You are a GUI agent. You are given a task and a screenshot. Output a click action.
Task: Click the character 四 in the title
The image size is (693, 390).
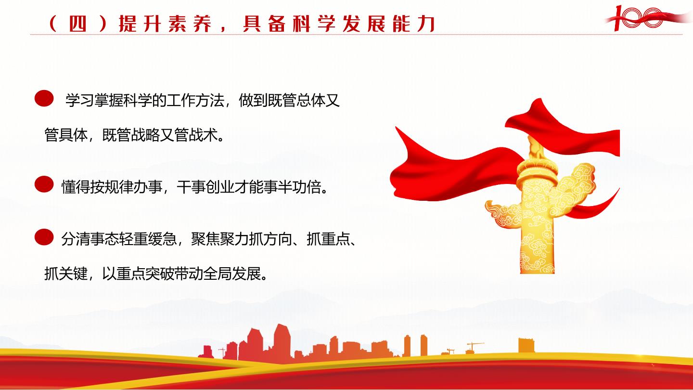click(x=77, y=24)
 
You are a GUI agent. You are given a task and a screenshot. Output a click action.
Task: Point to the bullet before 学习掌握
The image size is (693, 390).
click(x=44, y=98)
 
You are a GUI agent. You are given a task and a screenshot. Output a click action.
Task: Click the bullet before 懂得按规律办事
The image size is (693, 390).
click(x=44, y=184)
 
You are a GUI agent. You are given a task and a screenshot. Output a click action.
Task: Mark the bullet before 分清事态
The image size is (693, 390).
click(x=44, y=237)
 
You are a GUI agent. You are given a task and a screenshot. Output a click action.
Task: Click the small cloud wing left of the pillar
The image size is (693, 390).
click(x=503, y=214)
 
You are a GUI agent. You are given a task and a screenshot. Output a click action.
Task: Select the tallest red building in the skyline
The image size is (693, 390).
click(x=282, y=342)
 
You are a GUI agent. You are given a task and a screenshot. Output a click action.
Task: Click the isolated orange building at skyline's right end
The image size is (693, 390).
click(x=526, y=345)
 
